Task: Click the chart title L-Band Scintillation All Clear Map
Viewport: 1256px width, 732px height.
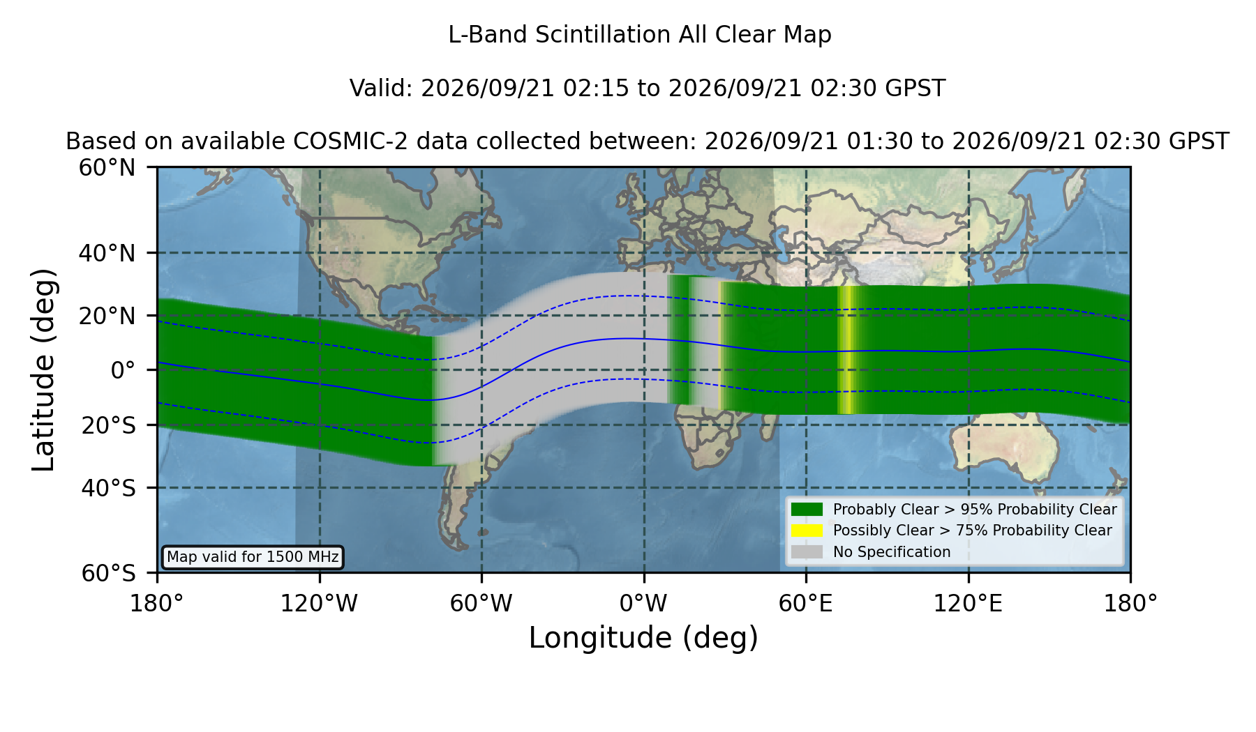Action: pyautogui.click(x=639, y=35)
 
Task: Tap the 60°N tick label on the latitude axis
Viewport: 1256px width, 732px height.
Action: pyautogui.click(x=107, y=168)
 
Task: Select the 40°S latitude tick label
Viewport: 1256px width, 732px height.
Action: pyautogui.click(x=109, y=488)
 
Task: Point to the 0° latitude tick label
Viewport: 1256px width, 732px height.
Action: pyautogui.click(x=124, y=370)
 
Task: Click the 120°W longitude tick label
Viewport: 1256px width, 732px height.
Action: pyautogui.click(x=319, y=604)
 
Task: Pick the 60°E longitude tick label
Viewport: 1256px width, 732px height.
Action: pyautogui.click(x=806, y=604)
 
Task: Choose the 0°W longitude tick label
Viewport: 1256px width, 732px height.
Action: pyautogui.click(x=643, y=604)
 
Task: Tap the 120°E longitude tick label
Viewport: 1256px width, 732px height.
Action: pyautogui.click(x=968, y=604)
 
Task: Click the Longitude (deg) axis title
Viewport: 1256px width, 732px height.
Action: pyautogui.click(x=643, y=638)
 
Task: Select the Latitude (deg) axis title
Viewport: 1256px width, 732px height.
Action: pyautogui.click(x=43, y=369)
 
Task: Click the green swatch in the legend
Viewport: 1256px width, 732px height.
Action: pyautogui.click(x=807, y=510)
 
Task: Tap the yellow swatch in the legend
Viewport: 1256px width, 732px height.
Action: pyautogui.click(x=807, y=531)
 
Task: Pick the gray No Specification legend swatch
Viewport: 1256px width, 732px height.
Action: pyautogui.click(x=807, y=552)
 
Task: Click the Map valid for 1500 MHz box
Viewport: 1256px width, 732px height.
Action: pyautogui.click(x=253, y=557)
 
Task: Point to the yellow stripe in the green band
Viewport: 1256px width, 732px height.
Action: pyautogui.click(x=846, y=350)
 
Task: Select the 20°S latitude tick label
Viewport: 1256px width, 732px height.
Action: pyautogui.click(x=109, y=425)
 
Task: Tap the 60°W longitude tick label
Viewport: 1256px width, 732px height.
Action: pyautogui.click(x=481, y=604)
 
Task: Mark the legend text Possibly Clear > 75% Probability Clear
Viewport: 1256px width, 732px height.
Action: pyautogui.click(x=973, y=531)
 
